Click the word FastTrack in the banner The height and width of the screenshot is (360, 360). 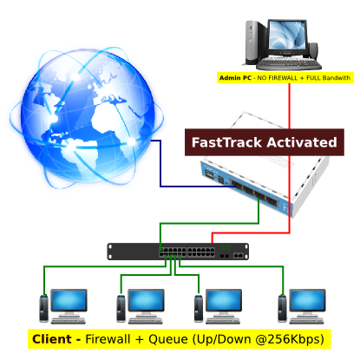(226, 142)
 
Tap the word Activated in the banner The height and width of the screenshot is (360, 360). (302, 142)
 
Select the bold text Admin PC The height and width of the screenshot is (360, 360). (235, 78)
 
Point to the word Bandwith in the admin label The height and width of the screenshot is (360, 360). (337, 78)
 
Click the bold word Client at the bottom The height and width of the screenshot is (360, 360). (52, 339)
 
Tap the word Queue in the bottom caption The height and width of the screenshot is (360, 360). (168, 339)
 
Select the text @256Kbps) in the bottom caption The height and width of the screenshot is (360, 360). (290, 339)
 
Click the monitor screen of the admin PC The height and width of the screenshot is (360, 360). (287, 36)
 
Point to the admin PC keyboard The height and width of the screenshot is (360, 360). (289, 64)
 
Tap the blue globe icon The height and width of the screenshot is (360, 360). (87, 118)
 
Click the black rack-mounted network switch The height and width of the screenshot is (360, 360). (178, 252)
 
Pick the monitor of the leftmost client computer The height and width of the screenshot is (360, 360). (69, 300)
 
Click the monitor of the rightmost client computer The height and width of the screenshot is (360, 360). (307, 300)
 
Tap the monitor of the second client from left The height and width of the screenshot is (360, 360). (146, 300)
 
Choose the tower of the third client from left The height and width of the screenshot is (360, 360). (199, 308)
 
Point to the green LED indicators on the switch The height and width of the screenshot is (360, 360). (225, 247)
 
